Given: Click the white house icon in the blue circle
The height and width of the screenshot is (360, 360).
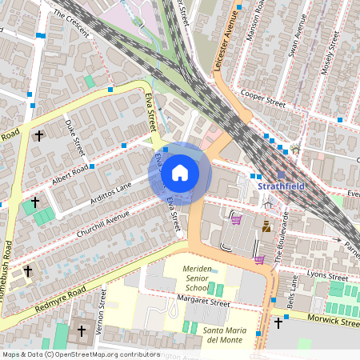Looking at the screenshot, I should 180,173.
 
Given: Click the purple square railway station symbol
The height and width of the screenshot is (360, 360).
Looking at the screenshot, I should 282,174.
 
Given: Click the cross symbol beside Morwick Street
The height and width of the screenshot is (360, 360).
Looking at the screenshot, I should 278,323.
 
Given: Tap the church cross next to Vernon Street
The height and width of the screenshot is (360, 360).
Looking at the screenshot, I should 81,330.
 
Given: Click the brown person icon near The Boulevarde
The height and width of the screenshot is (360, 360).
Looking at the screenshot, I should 266,227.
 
